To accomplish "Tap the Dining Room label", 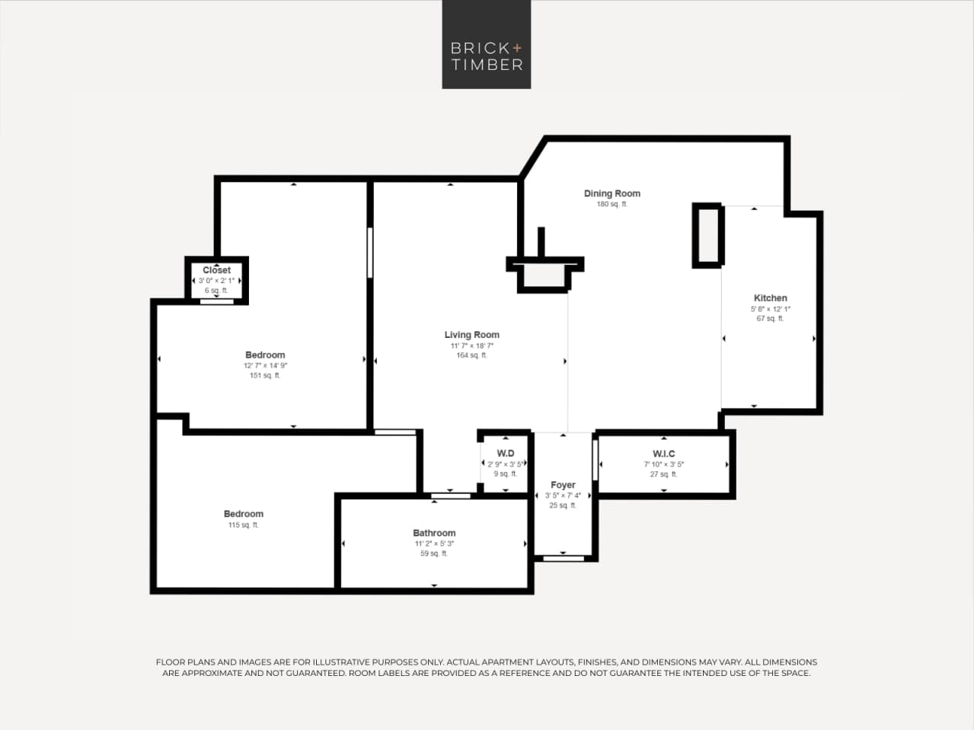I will pyautogui.click(x=612, y=193).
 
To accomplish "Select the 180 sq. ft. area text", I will pyautogui.click(x=612, y=204).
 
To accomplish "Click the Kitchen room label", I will pyautogui.click(x=770, y=298).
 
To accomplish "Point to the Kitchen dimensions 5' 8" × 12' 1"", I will pyautogui.click(x=770, y=309).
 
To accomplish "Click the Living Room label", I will pyautogui.click(x=471, y=334).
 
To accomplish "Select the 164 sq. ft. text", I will pyautogui.click(x=471, y=355).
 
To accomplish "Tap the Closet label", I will pyautogui.click(x=216, y=270).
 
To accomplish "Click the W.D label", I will pyautogui.click(x=505, y=454).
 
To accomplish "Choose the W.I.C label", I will pyautogui.click(x=663, y=454).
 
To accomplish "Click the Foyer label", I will pyautogui.click(x=563, y=485).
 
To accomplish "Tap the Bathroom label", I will pyautogui.click(x=434, y=533).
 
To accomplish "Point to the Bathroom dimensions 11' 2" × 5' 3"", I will pyautogui.click(x=434, y=544).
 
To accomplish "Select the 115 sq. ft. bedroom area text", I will pyautogui.click(x=244, y=525).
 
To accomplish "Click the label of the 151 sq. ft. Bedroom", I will pyautogui.click(x=265, y=355).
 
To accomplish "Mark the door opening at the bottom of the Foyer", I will pyautogui.click(x=564, y=558).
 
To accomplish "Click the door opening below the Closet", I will pyautogui.click(x=217, y=301).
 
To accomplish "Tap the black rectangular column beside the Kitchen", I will pyautogui.click(x=707, y=235).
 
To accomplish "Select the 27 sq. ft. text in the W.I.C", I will pyautogui.click(x=663, y=474).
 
